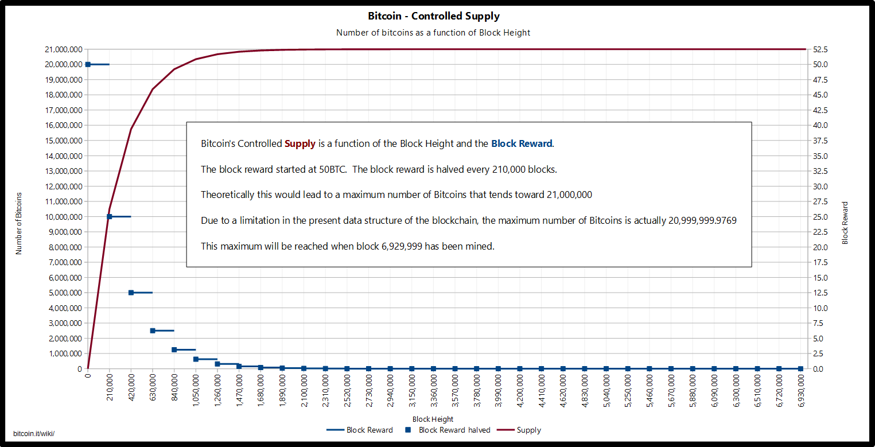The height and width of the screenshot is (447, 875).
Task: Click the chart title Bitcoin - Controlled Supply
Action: point(433,16)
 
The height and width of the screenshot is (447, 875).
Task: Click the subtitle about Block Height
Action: point(433,33)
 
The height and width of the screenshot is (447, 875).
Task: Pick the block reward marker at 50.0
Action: point(88,64)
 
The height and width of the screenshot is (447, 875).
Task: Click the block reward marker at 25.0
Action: point(110,216)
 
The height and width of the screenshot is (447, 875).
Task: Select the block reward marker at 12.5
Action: point(131,293)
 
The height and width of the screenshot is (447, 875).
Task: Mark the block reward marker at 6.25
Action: point(153,331)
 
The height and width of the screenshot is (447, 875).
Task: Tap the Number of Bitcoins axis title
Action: point(19,223)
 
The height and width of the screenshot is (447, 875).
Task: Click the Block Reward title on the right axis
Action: point(845,223)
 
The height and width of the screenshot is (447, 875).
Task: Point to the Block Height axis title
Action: point(433,419)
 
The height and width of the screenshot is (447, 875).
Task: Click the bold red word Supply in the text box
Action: point(300,143)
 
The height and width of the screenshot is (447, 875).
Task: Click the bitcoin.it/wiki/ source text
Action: point(34,433)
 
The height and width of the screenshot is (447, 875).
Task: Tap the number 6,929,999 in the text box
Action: point(402,246)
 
